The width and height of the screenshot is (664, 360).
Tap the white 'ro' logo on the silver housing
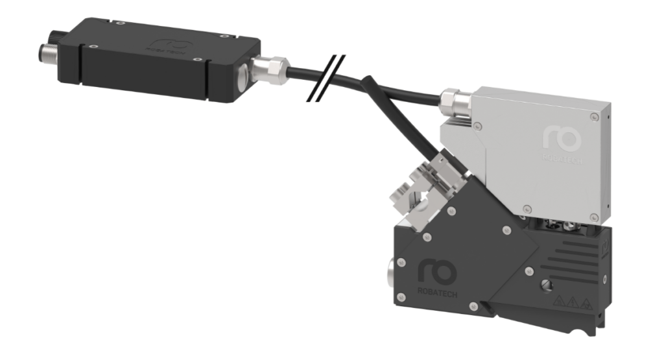point(562,138)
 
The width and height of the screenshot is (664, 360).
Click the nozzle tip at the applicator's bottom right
point(596,331)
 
